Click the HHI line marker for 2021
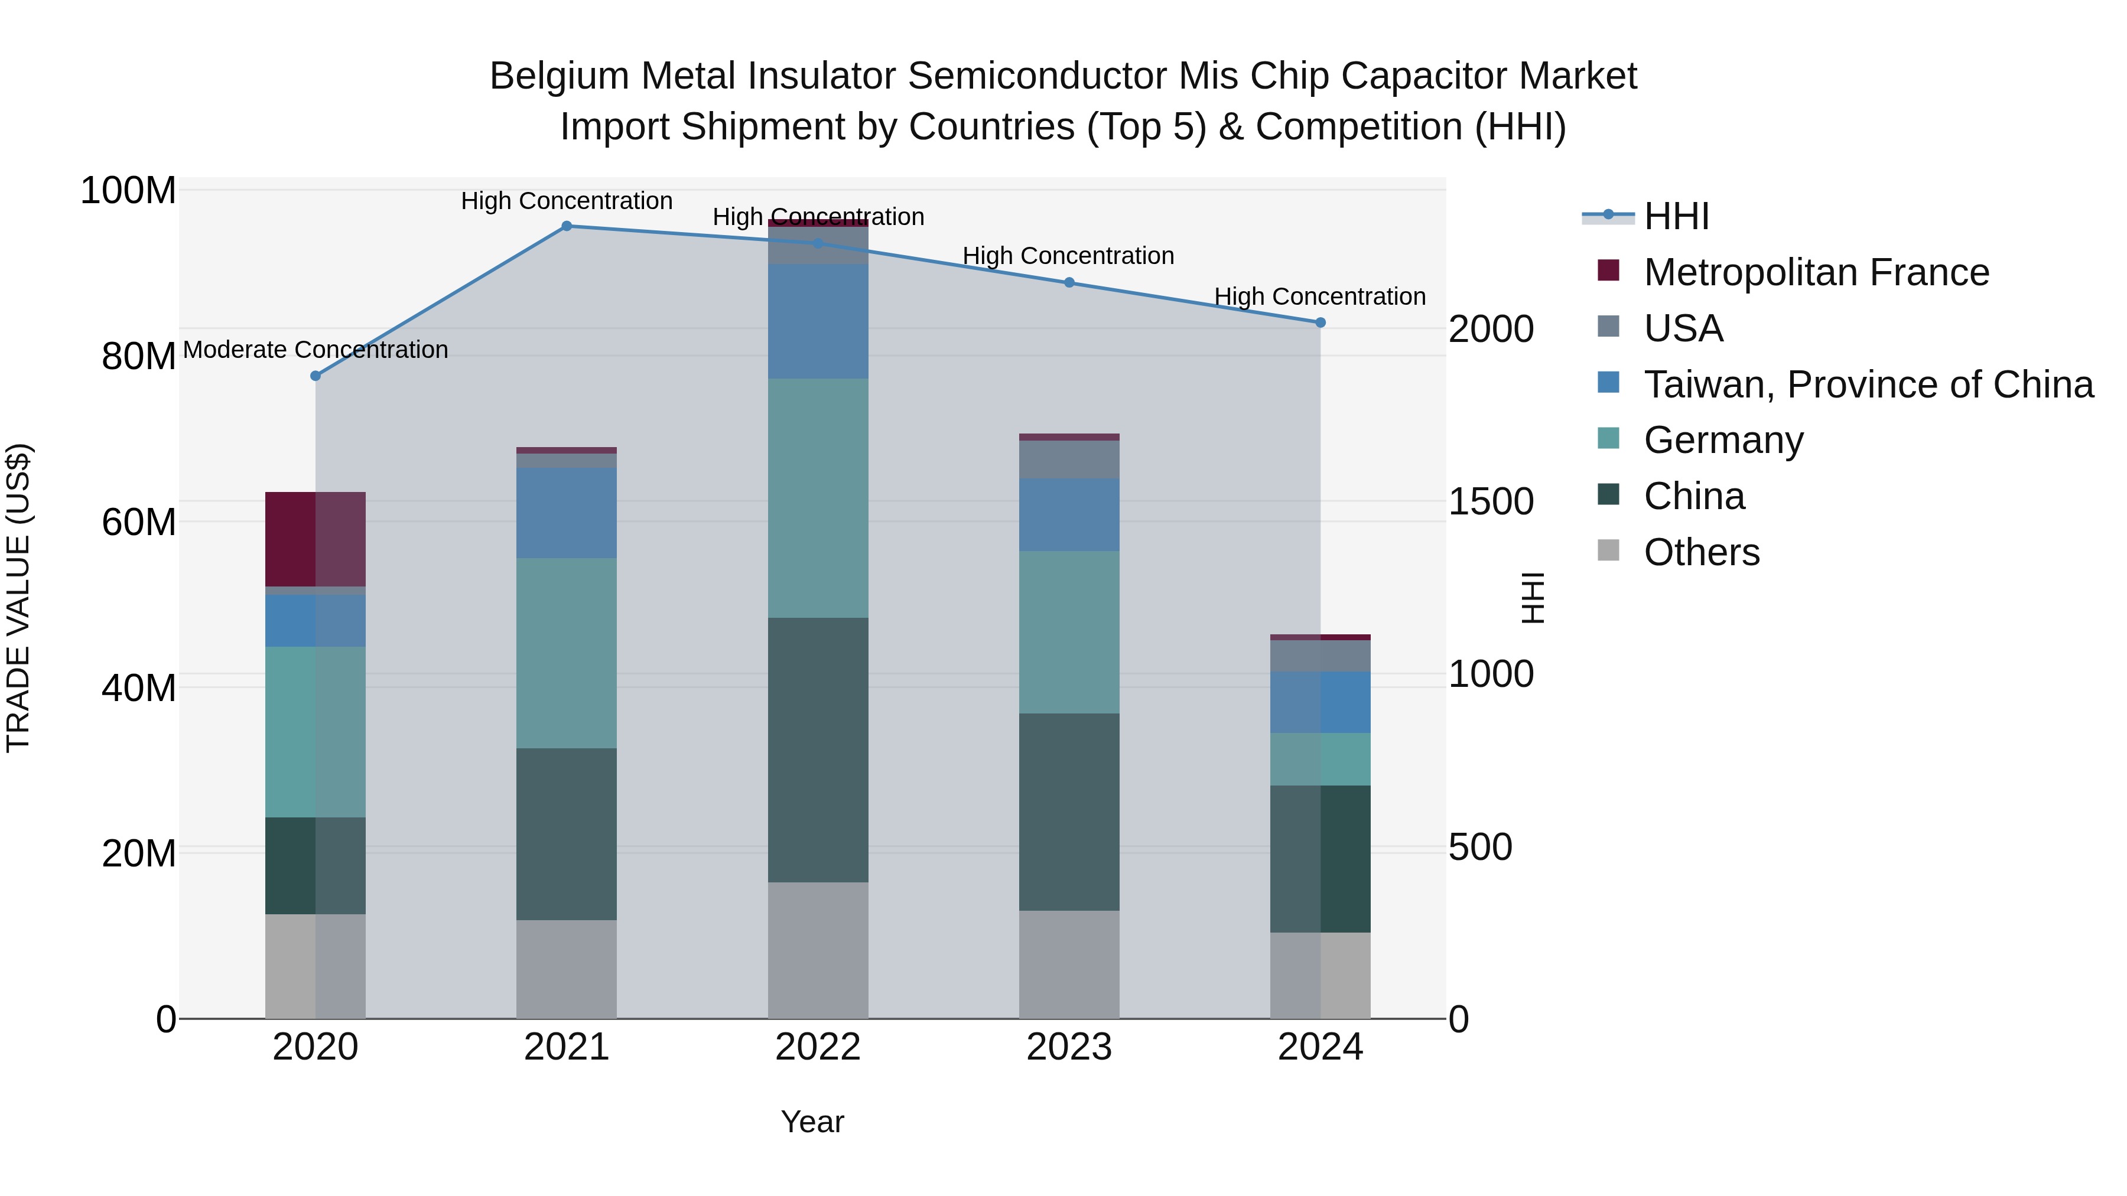tap(567, 226)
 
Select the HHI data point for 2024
tap(1321, 322)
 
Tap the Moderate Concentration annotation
tap(316, 350)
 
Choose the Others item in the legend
tap(1701, 552)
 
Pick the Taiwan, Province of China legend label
tap(1868, 384)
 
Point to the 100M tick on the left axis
tap(128, 191)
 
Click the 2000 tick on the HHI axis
tap(1491, 330)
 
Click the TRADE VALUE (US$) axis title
tap(18, 598)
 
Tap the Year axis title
tap(812, 1122)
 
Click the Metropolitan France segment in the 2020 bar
tap(316, 539)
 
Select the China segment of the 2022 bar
tap(818, 749)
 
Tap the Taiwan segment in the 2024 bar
tap(1321, 702)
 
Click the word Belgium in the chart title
tap(559, 77)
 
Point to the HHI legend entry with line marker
tap(1645, 216)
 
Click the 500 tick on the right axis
tap(1479, 848)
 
